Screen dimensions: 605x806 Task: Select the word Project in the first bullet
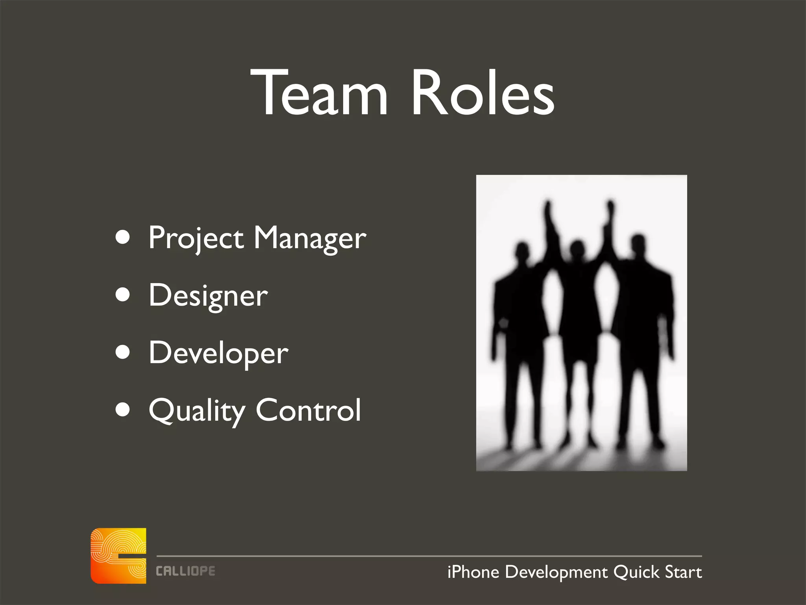click(196, 238)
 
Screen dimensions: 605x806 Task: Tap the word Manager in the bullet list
click(310, 238)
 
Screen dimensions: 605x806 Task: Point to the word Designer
click(208, 296)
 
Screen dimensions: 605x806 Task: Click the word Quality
click(196, 411)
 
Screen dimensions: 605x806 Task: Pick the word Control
click(308, 410)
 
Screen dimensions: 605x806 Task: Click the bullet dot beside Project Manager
click(123, 238)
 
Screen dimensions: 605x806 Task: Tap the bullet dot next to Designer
click(123, 295)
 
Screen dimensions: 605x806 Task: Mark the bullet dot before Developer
click(123, 352)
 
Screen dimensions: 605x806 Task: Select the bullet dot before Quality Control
click(123, 409)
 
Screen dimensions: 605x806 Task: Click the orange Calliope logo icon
click(118, 555)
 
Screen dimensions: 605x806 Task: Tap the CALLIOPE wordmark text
click(185, 571)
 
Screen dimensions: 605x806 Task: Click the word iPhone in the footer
click(473, 572)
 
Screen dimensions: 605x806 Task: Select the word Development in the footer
click(556, 572)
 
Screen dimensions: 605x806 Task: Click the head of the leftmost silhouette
click(522, 251)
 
